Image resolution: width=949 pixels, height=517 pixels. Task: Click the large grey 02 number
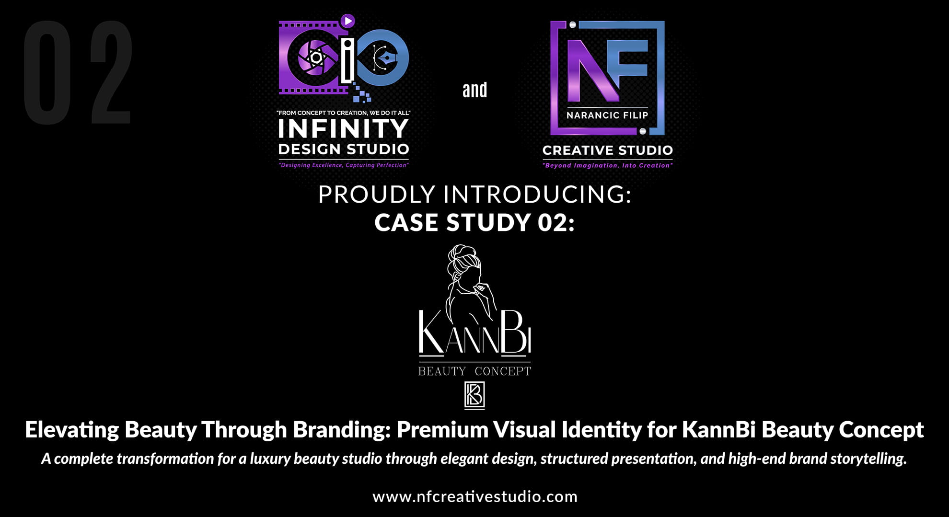77,72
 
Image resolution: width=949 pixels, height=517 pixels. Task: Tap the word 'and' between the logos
474,90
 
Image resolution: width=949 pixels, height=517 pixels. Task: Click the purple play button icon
348,21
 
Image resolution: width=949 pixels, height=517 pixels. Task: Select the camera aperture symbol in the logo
316,58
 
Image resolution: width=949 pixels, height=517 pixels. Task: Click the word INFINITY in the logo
343,128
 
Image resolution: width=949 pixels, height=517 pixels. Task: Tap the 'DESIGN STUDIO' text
344,149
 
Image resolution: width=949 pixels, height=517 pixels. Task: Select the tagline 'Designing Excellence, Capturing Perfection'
344,165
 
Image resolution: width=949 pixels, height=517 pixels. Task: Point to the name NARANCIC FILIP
607,115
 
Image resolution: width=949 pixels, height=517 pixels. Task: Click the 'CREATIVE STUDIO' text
608,150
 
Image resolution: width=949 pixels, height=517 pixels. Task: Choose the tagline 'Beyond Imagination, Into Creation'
608,166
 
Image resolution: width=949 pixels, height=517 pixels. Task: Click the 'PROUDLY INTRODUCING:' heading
475,195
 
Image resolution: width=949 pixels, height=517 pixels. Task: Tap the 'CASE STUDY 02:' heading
474,223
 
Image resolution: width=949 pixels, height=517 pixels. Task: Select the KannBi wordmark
475,333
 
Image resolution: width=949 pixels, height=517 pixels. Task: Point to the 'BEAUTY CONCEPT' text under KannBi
475,371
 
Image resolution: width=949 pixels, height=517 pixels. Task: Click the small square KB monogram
474,395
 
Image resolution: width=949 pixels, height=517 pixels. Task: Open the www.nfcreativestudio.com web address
475,496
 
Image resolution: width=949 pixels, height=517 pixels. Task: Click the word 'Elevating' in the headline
72,430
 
